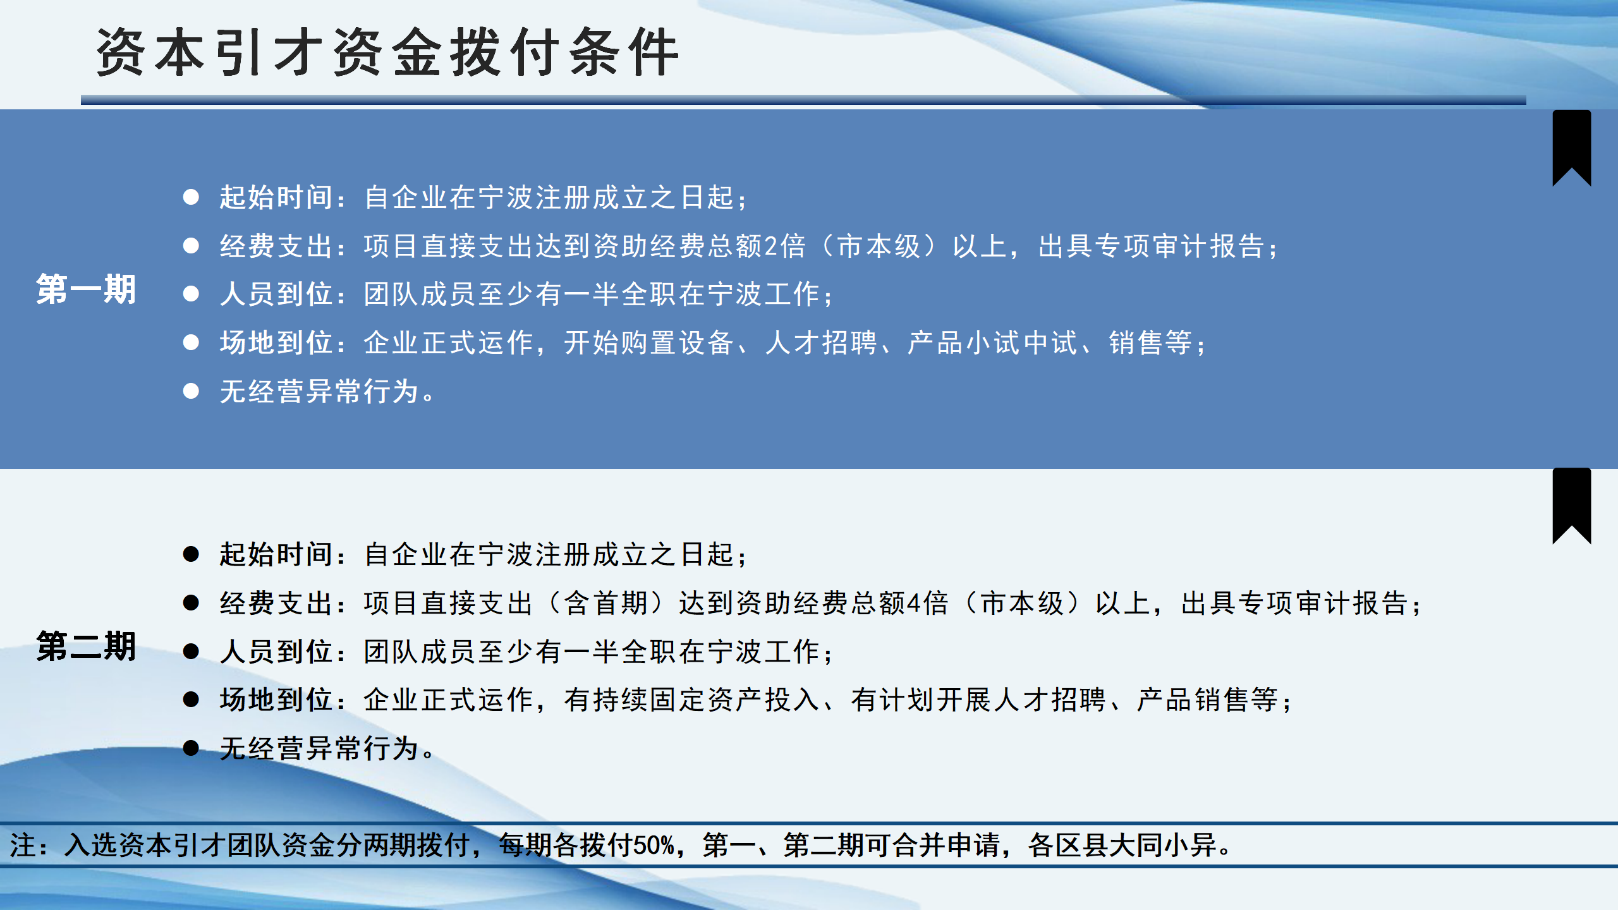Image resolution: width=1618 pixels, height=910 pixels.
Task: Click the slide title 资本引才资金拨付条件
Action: (387, 52)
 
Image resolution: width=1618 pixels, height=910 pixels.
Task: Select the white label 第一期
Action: (86, 290)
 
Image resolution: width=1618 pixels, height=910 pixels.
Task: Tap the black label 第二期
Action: (86, 646)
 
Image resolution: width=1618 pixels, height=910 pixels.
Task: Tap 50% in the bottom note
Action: (654, 846)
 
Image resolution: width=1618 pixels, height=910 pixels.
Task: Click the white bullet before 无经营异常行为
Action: (191, 391)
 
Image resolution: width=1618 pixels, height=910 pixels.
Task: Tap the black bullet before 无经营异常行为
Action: (191, 748)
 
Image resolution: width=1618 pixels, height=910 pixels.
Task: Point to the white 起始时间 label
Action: (276, 198)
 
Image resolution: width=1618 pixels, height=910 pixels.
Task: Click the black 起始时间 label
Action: (276, 555)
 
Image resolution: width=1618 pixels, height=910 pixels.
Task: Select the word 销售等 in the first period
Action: (1150, 343)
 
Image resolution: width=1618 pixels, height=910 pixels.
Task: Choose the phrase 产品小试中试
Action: (992, 343)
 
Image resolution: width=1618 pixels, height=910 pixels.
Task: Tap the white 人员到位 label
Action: (276, 294)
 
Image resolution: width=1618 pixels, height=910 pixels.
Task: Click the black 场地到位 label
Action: (276, 700)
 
